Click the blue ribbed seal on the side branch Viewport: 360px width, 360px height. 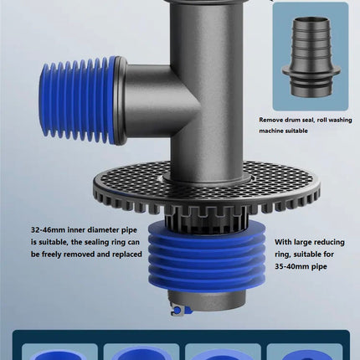click(x=78, y=100)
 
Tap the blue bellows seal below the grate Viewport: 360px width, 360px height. click(x=207, y=257)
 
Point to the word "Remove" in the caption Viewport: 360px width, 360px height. click(x=270, y=120)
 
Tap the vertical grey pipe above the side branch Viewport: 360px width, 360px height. click(x=206, y=31)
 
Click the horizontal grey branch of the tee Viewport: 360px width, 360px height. click(x=148, y=100)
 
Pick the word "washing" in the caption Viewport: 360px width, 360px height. click(x=340, y=120)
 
